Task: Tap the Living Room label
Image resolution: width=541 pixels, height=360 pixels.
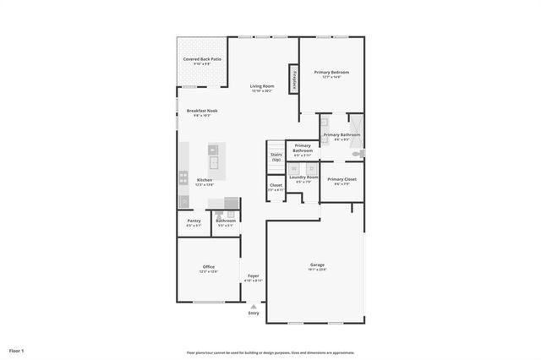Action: [261, 86]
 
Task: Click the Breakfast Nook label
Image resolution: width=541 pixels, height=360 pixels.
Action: [202, 111]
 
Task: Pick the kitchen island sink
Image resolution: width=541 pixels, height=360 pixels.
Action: [214, 161]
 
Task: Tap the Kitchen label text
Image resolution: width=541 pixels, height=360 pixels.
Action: [205, 180]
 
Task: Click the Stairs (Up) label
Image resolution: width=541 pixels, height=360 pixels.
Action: [276, 156]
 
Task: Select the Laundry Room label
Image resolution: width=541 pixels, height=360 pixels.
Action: [303, 177]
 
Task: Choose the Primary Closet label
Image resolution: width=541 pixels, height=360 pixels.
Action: [342, 179]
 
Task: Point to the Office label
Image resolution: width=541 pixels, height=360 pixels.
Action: [208, 267]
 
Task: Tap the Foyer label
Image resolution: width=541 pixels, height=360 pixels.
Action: [254, 276]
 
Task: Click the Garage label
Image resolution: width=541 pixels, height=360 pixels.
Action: [316, 265]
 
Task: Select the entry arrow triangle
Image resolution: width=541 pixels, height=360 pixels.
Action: [254, 306]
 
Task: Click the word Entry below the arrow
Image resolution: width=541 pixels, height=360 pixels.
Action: [254, 314]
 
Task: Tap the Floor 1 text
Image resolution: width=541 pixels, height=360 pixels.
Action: [17, 350]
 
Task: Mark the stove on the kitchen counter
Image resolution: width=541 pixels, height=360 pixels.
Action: [183, 178]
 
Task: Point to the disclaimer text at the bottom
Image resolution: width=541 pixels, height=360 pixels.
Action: [270, 352]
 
